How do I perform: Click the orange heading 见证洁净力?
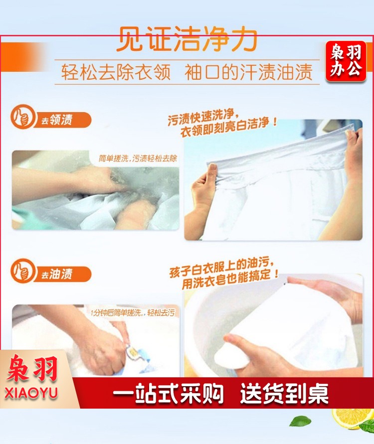(187, 39)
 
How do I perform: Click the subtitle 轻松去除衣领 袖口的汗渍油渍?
(187, 72)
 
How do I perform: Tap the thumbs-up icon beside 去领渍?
(22, 117)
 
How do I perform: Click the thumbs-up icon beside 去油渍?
(22, 271)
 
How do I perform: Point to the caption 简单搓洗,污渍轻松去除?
(138, 158)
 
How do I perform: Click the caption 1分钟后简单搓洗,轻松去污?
(133, 312)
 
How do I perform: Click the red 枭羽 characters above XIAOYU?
(32, 368)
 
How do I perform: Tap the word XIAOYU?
(31, 393)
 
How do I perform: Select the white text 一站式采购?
(168, 393)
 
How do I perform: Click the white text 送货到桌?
(284, 393)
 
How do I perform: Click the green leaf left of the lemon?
(300, 421)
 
